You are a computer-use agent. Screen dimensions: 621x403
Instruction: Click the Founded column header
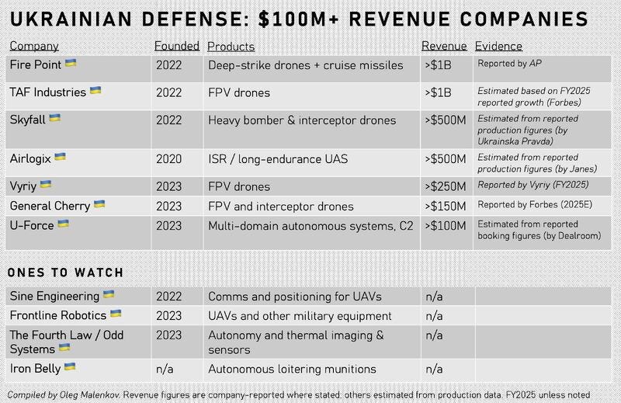[177, 46]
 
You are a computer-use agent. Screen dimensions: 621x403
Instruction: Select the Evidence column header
[498, 46]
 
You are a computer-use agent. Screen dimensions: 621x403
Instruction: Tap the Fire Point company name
[36, 64]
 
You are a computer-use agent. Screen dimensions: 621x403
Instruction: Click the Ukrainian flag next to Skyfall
[54, 118]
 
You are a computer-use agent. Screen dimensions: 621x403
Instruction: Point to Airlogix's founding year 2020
[168, 159]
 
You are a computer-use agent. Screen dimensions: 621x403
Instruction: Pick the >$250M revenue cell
[446, 186]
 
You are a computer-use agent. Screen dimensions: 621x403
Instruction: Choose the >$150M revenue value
[446, 206]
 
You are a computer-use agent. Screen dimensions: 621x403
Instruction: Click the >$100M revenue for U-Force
[446, 226]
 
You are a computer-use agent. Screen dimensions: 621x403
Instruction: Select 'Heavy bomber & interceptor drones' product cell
[302, 120]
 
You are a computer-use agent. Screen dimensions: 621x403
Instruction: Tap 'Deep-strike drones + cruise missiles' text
[306, 65]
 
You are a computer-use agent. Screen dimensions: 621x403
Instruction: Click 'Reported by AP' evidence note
[509, 64]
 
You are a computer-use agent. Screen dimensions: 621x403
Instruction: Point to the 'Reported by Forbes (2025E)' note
[535, 204]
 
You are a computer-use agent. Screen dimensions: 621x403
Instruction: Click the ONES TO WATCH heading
[65, 273]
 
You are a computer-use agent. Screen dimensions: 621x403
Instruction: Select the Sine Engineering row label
[54, 296]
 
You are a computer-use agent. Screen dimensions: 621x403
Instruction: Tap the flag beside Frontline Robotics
[116, 314]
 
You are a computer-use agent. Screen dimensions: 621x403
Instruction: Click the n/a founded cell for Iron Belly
[165, 370]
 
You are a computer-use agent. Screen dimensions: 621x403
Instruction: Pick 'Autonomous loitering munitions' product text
[292, 370]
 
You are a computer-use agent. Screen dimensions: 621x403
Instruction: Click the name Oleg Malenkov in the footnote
[90, 395]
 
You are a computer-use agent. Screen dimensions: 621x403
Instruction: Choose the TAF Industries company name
[48, 92]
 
